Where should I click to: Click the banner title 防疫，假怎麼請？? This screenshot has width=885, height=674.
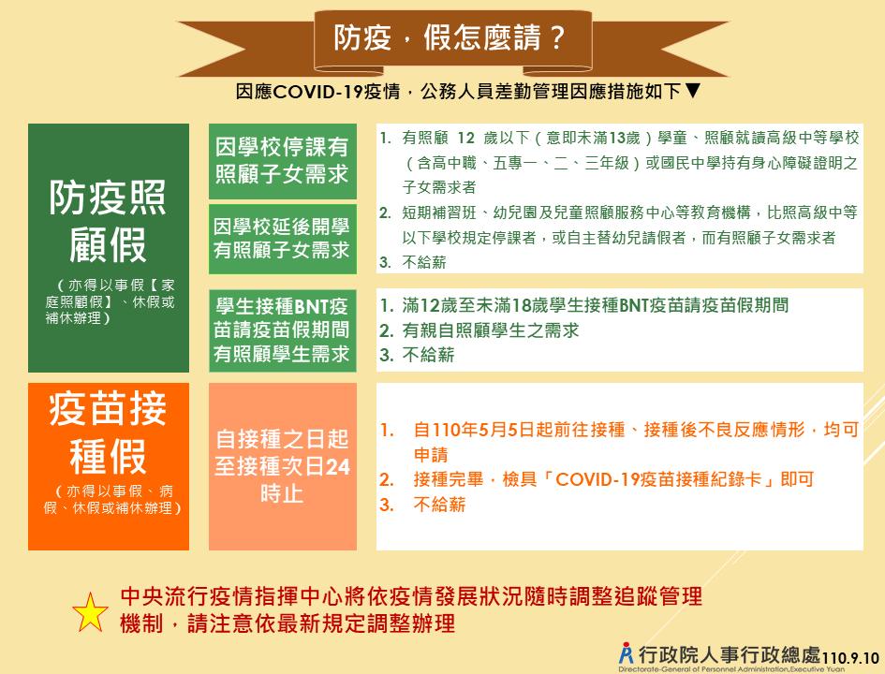(x=450, y=37)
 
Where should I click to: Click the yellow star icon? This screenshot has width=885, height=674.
(x=90, y=612)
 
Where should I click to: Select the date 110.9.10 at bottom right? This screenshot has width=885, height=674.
(x=850, y=658)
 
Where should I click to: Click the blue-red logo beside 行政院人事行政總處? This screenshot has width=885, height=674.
(x=626, y=653)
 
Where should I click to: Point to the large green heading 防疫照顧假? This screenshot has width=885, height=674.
(x=108, y=221)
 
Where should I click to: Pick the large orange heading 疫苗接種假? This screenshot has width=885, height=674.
(x=108, y=432)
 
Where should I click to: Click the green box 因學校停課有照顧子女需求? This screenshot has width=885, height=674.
(x=282, y=161)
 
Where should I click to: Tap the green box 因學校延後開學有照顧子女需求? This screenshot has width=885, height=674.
(x=282, y=239)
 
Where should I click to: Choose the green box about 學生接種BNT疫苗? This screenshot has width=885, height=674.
(x=282, y=330)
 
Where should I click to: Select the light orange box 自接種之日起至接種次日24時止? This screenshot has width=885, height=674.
(x=282, y=466)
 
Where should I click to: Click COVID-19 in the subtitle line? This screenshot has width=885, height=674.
(x=317, y=92)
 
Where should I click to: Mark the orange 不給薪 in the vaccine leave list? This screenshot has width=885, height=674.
(x=439, y=505)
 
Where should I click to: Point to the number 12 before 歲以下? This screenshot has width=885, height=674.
(x=465, y=138)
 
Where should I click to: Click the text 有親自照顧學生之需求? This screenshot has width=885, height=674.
(x=491, y=330)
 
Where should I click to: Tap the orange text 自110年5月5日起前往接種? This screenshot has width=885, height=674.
(x=519, y=430)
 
